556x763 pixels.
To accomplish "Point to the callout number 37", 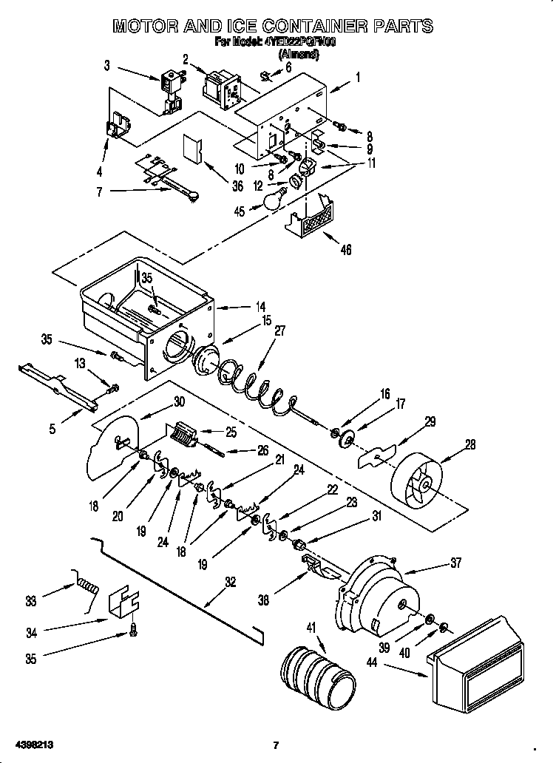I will click(x=455, y=563).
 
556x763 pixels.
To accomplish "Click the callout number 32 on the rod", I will click(x=230, y=582).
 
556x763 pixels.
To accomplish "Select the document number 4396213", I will click(x=33, y=745).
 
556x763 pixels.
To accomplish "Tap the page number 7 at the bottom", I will click(x=275, y=745).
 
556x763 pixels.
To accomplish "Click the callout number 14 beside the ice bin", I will click(x=260, y=305).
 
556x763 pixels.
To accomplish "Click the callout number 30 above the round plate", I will click(x=179, y=402).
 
